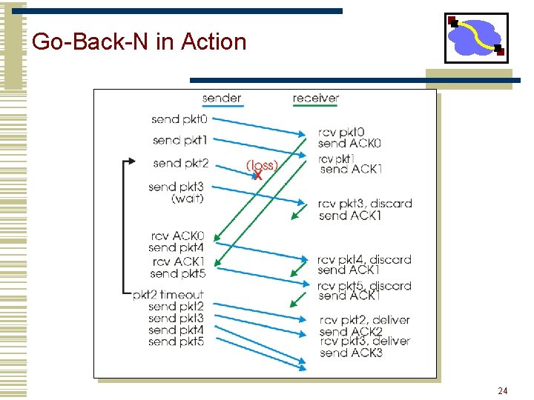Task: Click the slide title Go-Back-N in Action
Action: [139, 41]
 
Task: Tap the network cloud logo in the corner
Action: [476, 38]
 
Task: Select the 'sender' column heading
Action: [222, 99]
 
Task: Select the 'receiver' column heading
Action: [316, 99]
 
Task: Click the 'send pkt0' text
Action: [180, 119]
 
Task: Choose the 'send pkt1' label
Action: [180, 140]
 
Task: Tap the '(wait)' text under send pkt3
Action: [188, 199]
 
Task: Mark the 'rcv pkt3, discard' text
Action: [365, 204]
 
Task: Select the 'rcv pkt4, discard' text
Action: [364, 260]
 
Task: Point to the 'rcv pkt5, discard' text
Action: [364, 286]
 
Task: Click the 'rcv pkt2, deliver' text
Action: [365, 320]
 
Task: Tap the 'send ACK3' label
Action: [352, 353]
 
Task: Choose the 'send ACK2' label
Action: [352, 332]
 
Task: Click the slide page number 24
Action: [502, 390]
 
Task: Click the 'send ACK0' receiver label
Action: [349, 144]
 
